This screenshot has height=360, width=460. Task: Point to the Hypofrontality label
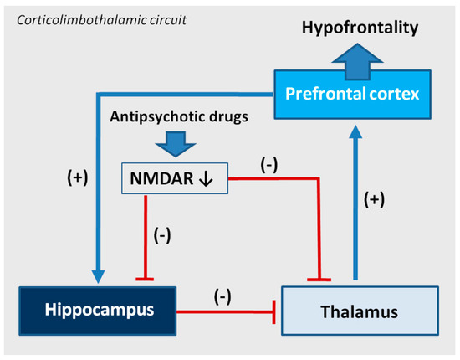(x=360, y=28)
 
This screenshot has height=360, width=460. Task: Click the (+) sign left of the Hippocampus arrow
(x=76, y=177)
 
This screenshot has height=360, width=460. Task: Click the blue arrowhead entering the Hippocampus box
(x=99, y=278)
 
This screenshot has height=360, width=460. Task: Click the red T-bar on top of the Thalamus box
(x=320, y=278)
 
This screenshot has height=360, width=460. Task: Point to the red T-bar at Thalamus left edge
(x=275, y=313)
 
